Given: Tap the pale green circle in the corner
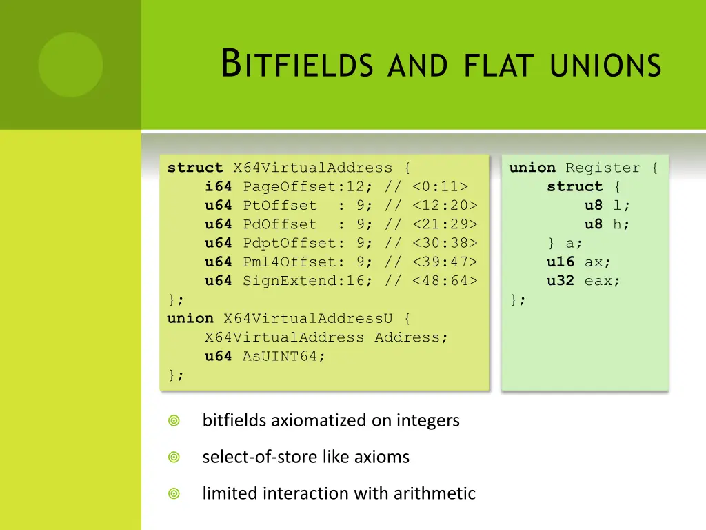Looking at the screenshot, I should pos(70,65).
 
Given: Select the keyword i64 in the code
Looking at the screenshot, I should pos(218,186).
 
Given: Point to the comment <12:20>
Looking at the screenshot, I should pos(445,206).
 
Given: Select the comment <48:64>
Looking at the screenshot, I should pos(445,281).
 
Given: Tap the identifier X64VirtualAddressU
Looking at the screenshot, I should pos(307,318).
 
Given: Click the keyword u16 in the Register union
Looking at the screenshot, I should pos(561,262).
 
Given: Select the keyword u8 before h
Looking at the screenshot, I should pos(594,224).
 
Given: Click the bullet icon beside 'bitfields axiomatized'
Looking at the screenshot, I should pos(174,420).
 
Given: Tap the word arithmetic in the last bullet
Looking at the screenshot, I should pos(434,493).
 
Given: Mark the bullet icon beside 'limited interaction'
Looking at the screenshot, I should pos(174,493).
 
